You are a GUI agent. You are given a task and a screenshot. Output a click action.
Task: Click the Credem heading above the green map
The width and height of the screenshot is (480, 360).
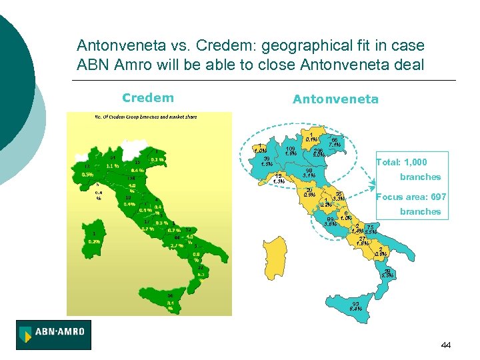click(147, 98)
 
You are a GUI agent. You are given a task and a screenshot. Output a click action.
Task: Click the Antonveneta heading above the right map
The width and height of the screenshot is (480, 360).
click(335, 99)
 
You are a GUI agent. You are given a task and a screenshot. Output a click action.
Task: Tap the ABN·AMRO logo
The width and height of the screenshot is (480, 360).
click(54, 335)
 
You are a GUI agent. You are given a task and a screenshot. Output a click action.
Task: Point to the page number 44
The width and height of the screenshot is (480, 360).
click(446, 345)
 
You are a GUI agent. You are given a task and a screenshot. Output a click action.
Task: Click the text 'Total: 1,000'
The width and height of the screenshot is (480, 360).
click(401, 162)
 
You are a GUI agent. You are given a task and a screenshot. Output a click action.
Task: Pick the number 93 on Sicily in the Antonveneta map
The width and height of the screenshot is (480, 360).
click(356, 303)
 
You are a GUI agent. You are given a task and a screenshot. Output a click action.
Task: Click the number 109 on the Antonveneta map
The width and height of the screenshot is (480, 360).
click(290, 148)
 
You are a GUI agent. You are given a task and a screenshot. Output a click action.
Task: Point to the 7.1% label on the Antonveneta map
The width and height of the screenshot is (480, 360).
click(335, 145)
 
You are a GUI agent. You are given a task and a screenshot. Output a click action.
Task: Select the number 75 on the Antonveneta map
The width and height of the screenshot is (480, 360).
click(369, 227)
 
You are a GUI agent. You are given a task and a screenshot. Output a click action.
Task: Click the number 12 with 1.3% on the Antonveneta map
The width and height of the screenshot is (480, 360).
click(278, 176)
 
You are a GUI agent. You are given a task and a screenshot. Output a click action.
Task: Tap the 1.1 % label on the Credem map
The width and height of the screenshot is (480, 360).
click(113, 166)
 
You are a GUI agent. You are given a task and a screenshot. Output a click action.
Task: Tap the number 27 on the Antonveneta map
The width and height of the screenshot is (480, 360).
click(362, 239)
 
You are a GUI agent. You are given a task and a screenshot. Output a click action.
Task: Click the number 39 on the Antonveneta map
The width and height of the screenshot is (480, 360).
click(267, 159)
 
